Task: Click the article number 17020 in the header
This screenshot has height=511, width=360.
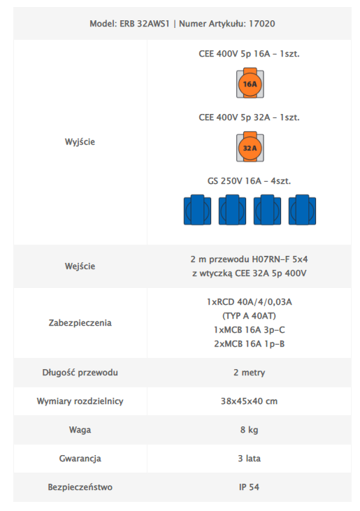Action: pos(262,24)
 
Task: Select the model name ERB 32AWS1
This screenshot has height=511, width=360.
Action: pos(145,24)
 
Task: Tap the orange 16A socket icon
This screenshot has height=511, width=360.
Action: pos(250,82)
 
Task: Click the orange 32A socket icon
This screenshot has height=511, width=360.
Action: pos(250,147)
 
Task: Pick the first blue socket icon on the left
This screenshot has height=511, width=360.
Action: pos(197,210)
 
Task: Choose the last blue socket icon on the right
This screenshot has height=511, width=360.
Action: pos(303,210)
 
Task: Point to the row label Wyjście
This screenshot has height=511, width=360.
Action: pos(80,142)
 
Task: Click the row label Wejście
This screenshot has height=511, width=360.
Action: pos(80,266)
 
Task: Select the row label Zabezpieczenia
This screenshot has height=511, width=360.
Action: pos(80,323)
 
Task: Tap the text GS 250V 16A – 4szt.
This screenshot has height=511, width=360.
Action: pos(250,181)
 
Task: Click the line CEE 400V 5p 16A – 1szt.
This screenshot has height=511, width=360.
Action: pos(250,54)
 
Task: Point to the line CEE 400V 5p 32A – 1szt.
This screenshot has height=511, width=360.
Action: pos(250,117)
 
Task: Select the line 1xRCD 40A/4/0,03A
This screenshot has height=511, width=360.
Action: pos(250,302)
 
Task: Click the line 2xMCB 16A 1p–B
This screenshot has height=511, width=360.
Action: pos(250,344)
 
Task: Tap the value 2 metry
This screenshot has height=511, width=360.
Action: pos(250,373)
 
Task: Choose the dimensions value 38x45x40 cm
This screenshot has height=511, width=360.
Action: pos(250,401)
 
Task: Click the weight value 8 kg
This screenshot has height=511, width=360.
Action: pos(250,430)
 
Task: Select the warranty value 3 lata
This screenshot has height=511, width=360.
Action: pos(250,459)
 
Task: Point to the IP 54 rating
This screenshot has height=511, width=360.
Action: pos(250,487)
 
